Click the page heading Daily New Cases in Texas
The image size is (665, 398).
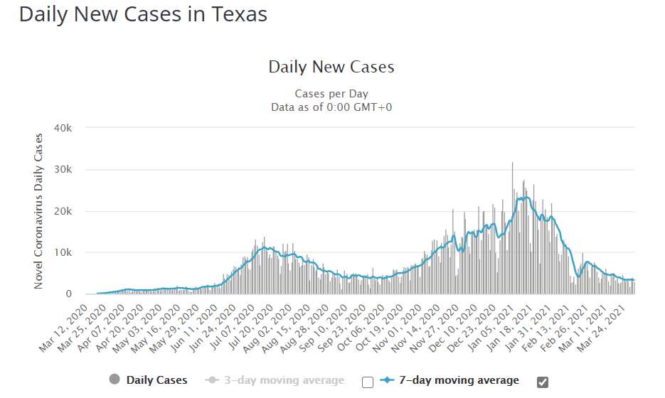point(143,14)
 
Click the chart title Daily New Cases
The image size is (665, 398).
point(331,68)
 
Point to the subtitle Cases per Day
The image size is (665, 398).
point(331,94)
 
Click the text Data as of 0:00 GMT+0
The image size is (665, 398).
point(331,107)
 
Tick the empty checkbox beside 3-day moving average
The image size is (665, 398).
point(367,382)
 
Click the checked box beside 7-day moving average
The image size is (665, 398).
point(543,382)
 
